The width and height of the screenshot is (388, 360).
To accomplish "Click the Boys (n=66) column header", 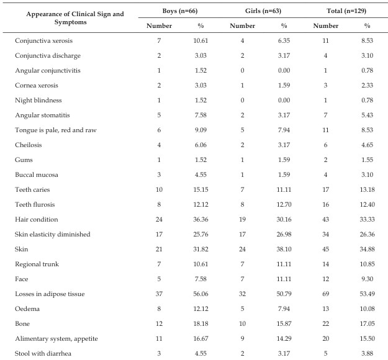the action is click(x=180, y=11).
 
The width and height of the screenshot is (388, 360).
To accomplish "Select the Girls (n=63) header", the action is click(x=263, y=11).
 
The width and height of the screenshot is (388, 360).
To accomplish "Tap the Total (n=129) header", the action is click(x=346, y=11).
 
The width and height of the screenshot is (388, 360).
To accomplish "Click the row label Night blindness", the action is click(x=38, y=101).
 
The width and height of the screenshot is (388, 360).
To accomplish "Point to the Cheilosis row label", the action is click(x=29, y=145).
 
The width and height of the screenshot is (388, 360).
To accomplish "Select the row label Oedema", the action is click(x=27, y=308).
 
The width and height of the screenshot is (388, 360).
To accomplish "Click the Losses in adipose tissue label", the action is click(x=50, y=294).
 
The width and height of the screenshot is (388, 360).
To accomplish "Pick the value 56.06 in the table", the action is click(x=201, y=294).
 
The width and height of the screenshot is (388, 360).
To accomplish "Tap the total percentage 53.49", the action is click(x=368, y=294).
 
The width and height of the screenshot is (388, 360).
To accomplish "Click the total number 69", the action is click(x=326, y=294).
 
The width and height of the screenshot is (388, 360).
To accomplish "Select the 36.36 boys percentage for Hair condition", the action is click(x=201, y=220).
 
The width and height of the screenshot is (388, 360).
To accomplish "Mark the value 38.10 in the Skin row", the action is click(x=284, y=249).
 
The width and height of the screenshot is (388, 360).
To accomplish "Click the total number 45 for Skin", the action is click(x=326, y=249).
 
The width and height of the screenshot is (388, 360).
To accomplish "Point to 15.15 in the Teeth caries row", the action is click(x=201, y=190).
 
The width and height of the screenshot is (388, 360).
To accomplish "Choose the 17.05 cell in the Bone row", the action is click(x=368, y=323).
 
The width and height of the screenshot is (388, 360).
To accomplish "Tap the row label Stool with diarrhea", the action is click(x=43, y=354).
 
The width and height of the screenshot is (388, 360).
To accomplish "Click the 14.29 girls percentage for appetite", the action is click(x=284, y=338).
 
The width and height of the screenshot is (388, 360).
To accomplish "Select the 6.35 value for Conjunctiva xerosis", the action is click(x=284, y=40).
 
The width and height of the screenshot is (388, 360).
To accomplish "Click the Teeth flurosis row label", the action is click(x=35, y=205).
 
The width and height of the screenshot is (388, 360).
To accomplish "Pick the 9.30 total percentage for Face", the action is click(x=368, y=279).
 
